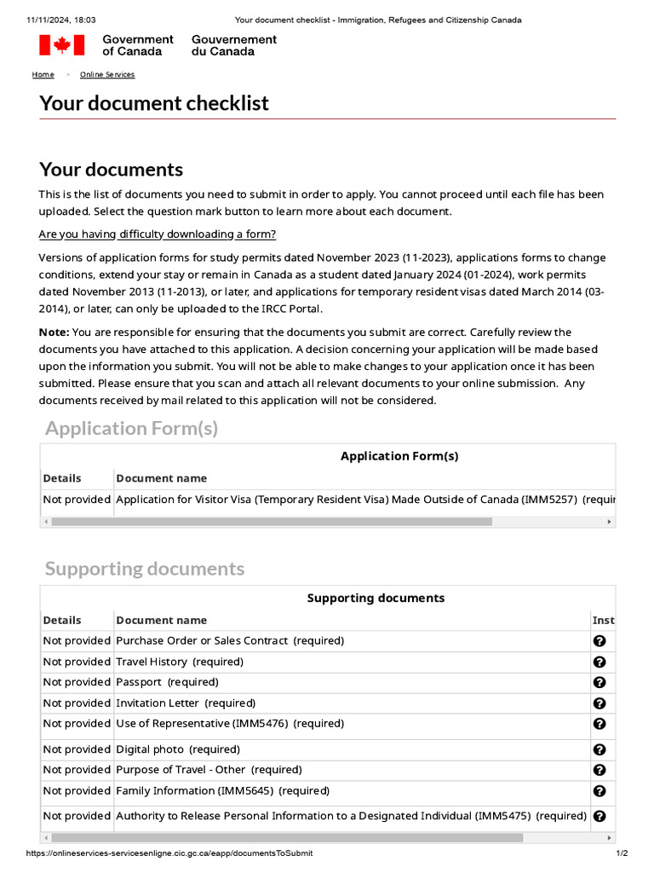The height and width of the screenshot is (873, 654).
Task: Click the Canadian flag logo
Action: coord(61,45)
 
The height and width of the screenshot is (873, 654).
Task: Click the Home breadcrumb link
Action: coord(43,75)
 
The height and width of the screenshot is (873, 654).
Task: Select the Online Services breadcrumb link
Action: coord(107,75)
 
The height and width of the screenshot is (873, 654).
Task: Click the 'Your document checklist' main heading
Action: coord(154,103)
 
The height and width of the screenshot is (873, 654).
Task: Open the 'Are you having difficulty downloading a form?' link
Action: coord(158,234)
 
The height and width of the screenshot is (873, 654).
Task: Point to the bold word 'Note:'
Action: coord(54,332)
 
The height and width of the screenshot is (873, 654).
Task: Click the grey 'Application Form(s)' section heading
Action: coord(131,428)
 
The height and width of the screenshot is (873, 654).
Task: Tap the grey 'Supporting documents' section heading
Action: coord(145,569)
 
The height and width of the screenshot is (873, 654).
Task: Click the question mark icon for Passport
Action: coord(599,682)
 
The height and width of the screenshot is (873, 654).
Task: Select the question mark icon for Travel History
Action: coord(599,662)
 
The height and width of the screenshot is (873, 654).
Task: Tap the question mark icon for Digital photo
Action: coord(599,749)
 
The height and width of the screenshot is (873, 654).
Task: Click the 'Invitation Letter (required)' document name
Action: coord(186,703)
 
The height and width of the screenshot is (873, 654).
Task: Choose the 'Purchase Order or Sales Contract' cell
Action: coord(230,640)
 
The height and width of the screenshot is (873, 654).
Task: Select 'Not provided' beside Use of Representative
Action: coord(77,723)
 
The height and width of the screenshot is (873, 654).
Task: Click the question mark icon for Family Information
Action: coord(599,791)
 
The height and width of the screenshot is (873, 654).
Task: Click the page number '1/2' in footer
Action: coord(622,853)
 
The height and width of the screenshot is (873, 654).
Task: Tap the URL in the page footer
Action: coord(169,853)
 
